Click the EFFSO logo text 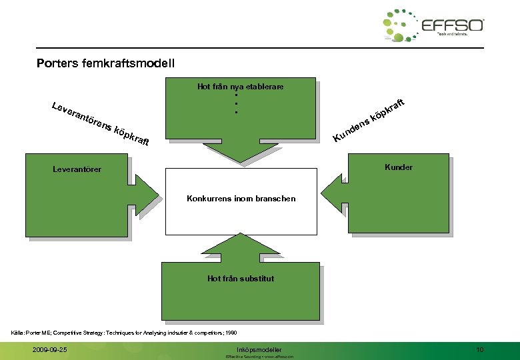click(453, 25)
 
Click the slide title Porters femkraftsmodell click(106, 64)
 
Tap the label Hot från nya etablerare click(240, 87)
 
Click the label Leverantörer click(77, 169)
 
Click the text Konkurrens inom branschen click(241, 199)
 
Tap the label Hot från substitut click(240, 279)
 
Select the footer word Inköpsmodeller click(259, 349)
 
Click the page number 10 click(480, 350)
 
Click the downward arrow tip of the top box click(239, 161)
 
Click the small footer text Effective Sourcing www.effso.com click(259, 357)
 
